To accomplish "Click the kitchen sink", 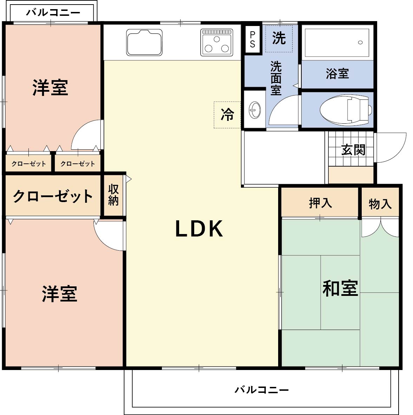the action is pyautogui.click(x=144, y=43).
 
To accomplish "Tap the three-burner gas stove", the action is pyautogui.click(x=217, y=43).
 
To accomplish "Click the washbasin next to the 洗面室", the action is pyautogui.click(x=255, y=110).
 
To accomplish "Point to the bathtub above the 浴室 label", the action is pyautogui.click(x=337, y=43).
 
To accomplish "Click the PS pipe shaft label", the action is pyautogui.click(x=253, y=39).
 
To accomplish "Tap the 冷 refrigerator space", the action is pyautogui.click(x=227, y=115).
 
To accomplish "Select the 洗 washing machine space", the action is pyautogui.click(x=279, y=38).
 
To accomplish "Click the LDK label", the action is pyautogui.click(x=199, y=229).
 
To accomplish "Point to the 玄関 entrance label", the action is pyautogui.click(x=353, y=150).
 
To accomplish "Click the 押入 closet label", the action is pyautogui.click(x=320, y=203).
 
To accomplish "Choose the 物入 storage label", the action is pyautogui.click(x=380, y=204).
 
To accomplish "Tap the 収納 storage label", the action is pyautogui.click(x=113, y=195).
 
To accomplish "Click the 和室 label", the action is pyautogui.click(x=340, y=288).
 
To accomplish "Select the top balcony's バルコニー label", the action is pyautogui.click(x=53, y=12).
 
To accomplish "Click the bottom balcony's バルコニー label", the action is pyautogui.click(x=262, y=390).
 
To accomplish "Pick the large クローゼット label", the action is pyautogui.click(x=53, y=196).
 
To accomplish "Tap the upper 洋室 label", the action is pyautogui.click(x=50, y=87).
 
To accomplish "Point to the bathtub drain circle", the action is pyautogui.click(x=360, y=43).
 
